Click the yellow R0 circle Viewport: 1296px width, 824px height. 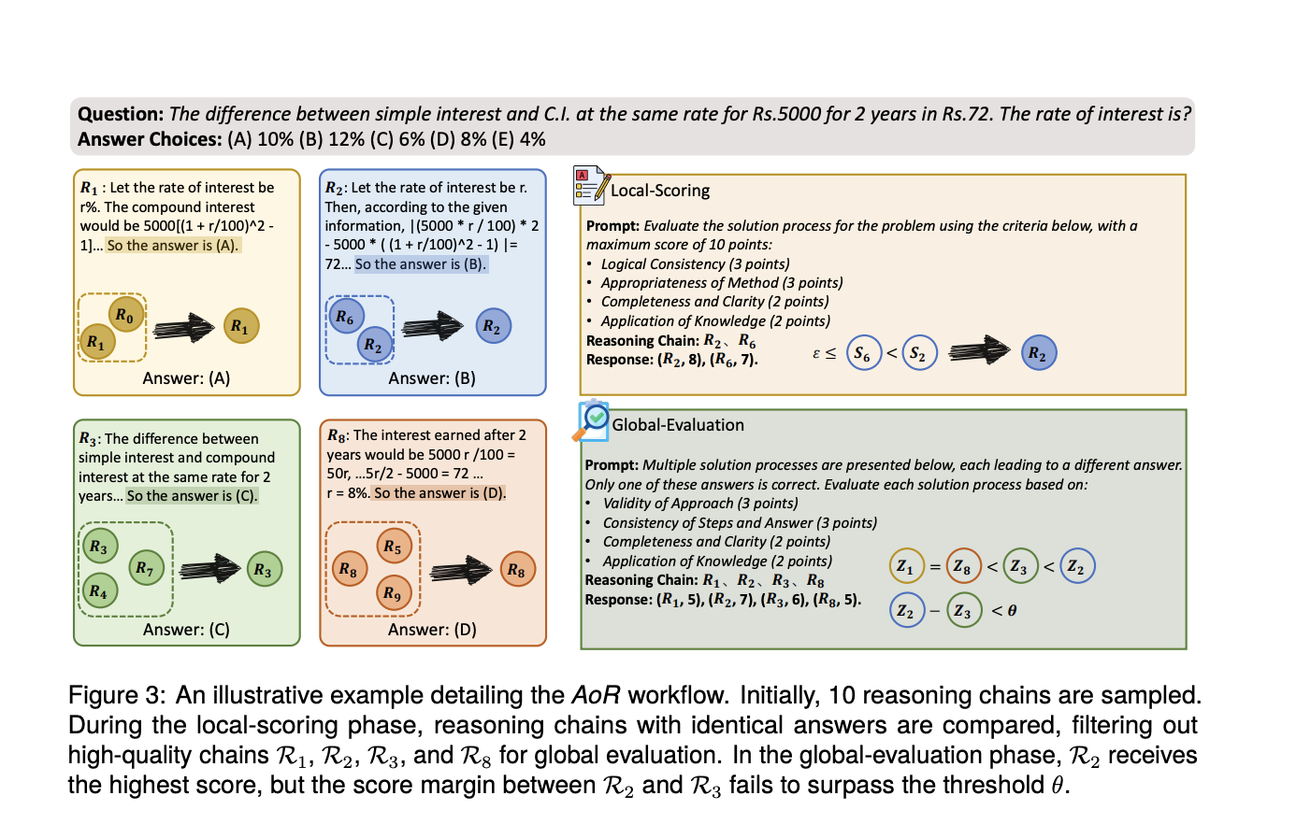coord(126,315)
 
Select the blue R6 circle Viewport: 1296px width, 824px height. coord(345,318)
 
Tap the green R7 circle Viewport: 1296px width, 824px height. coord(145,567)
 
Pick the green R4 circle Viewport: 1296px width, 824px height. coord(98,590)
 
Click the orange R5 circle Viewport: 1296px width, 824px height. coord(393,547)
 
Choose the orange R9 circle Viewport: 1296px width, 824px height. coord(393,592)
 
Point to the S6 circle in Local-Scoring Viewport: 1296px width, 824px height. coord(863,354)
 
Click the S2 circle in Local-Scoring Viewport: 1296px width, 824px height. coord(919,354)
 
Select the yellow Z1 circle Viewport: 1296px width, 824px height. coord(905,565)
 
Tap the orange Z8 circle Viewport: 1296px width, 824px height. coord(962,565)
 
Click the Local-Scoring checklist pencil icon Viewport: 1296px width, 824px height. coord(592,187)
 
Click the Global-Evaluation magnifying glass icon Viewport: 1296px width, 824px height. coord(592,421)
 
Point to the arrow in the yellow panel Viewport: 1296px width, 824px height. coord(184,327)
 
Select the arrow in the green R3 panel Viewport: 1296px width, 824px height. coord(210,568)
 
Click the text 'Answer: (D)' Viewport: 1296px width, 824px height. coord(432,630)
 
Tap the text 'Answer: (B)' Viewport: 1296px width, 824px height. coord(432,378)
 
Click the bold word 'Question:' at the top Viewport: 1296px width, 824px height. coord(121,114)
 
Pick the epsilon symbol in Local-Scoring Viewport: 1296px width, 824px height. coord(816,353)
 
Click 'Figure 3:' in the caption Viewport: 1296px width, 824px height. coord(116,696)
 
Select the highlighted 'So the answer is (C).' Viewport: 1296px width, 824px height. coord(192,496)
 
